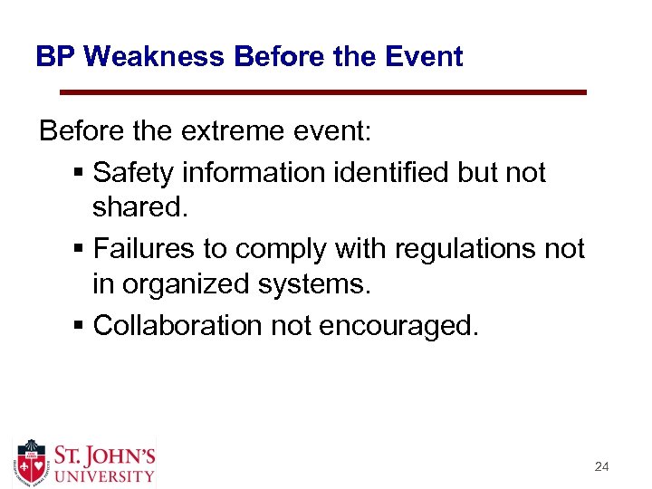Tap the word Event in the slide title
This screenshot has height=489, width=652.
[x=424, y=57]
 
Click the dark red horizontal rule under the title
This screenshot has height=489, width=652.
[x=322, y=92]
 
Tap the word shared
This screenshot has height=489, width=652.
[x=139, y=208]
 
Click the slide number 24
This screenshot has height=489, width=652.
[x=601, y=466]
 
